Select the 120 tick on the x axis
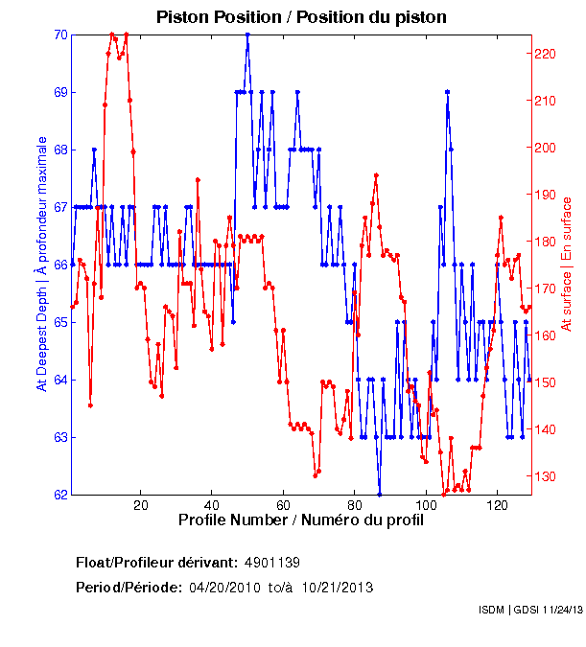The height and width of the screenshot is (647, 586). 497,505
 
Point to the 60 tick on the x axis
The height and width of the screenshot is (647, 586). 283,505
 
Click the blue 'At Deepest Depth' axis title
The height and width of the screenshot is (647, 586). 41,264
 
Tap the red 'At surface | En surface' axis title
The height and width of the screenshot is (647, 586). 567,265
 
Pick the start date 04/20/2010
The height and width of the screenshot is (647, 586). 223,587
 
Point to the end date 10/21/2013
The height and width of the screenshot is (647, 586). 338,587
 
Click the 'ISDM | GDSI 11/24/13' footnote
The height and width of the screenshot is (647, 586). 529,610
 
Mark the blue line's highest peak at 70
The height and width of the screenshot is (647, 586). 247,35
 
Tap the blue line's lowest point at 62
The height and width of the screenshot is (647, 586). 380,495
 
